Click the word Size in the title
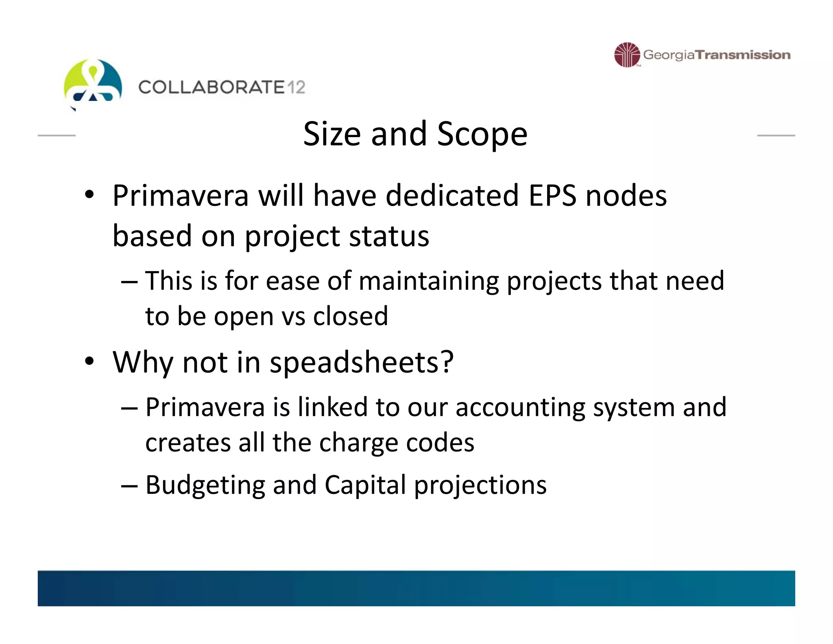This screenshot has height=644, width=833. (x=332, y=134)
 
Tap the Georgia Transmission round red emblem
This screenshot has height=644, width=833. (x=627, y=55)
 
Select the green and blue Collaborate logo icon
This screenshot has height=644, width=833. (x=93, y=81)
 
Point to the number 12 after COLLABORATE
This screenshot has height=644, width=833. (x=296, y=88)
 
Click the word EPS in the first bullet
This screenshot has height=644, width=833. (x=552, y=196)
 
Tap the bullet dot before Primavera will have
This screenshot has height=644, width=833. (x=89, y=195)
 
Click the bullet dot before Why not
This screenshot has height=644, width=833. (x=89, y=361)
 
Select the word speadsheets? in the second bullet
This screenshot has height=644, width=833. (x=361, y=362)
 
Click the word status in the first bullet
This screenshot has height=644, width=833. (x=389, y=236)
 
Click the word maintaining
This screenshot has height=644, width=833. (x=429, y=281)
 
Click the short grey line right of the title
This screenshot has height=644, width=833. (x=776, y=135)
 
